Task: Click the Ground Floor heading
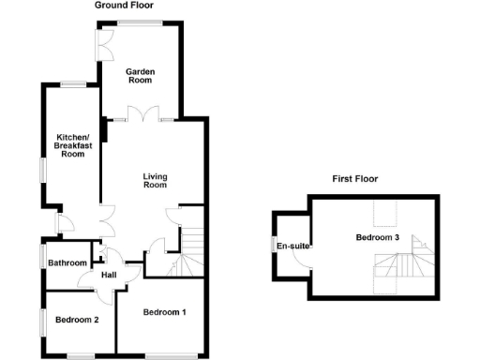coord(126,6)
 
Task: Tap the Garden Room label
coord(141,76)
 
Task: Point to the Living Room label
coord(155,180)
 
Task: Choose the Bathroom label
coord(67,263)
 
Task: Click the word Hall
coord(109,274)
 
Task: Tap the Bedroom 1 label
coord(165,311)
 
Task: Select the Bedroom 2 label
coord(77,320)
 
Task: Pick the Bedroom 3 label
coord(378,238)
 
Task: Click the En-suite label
coord(289,246)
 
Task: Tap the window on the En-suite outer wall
coord(274,246)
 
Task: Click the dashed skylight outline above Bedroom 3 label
coord(382,217)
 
